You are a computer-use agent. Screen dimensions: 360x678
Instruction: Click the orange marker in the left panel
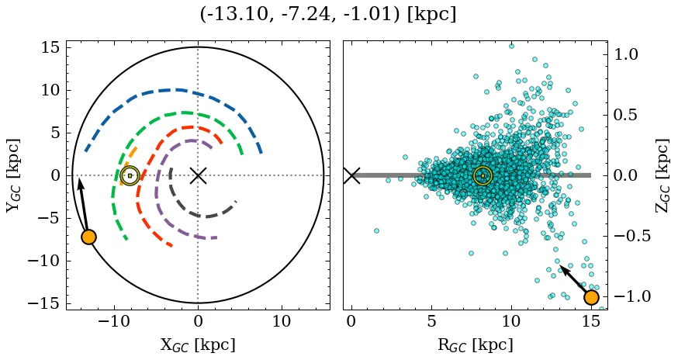point(88,237)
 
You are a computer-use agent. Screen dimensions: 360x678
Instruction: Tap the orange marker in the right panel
point(591,297)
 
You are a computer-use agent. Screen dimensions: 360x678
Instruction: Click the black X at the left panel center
point(198,175)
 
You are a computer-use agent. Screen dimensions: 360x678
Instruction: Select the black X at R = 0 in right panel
point(351,175)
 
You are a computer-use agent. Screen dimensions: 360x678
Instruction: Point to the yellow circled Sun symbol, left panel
point(130,176)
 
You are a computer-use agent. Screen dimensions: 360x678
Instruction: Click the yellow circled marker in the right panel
point(483,176)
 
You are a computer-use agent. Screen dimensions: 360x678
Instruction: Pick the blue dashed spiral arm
point(178,89)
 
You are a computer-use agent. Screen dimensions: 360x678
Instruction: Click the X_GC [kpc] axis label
point(198,344)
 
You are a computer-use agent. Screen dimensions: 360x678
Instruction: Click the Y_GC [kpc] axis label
point(13,175)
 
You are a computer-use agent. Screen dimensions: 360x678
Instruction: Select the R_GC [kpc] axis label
point(475,344)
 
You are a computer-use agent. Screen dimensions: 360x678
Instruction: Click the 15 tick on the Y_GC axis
point(50,47)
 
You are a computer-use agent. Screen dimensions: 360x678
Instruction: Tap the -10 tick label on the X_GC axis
point(114,321)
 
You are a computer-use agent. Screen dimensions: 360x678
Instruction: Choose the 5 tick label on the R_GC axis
point(431,321)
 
